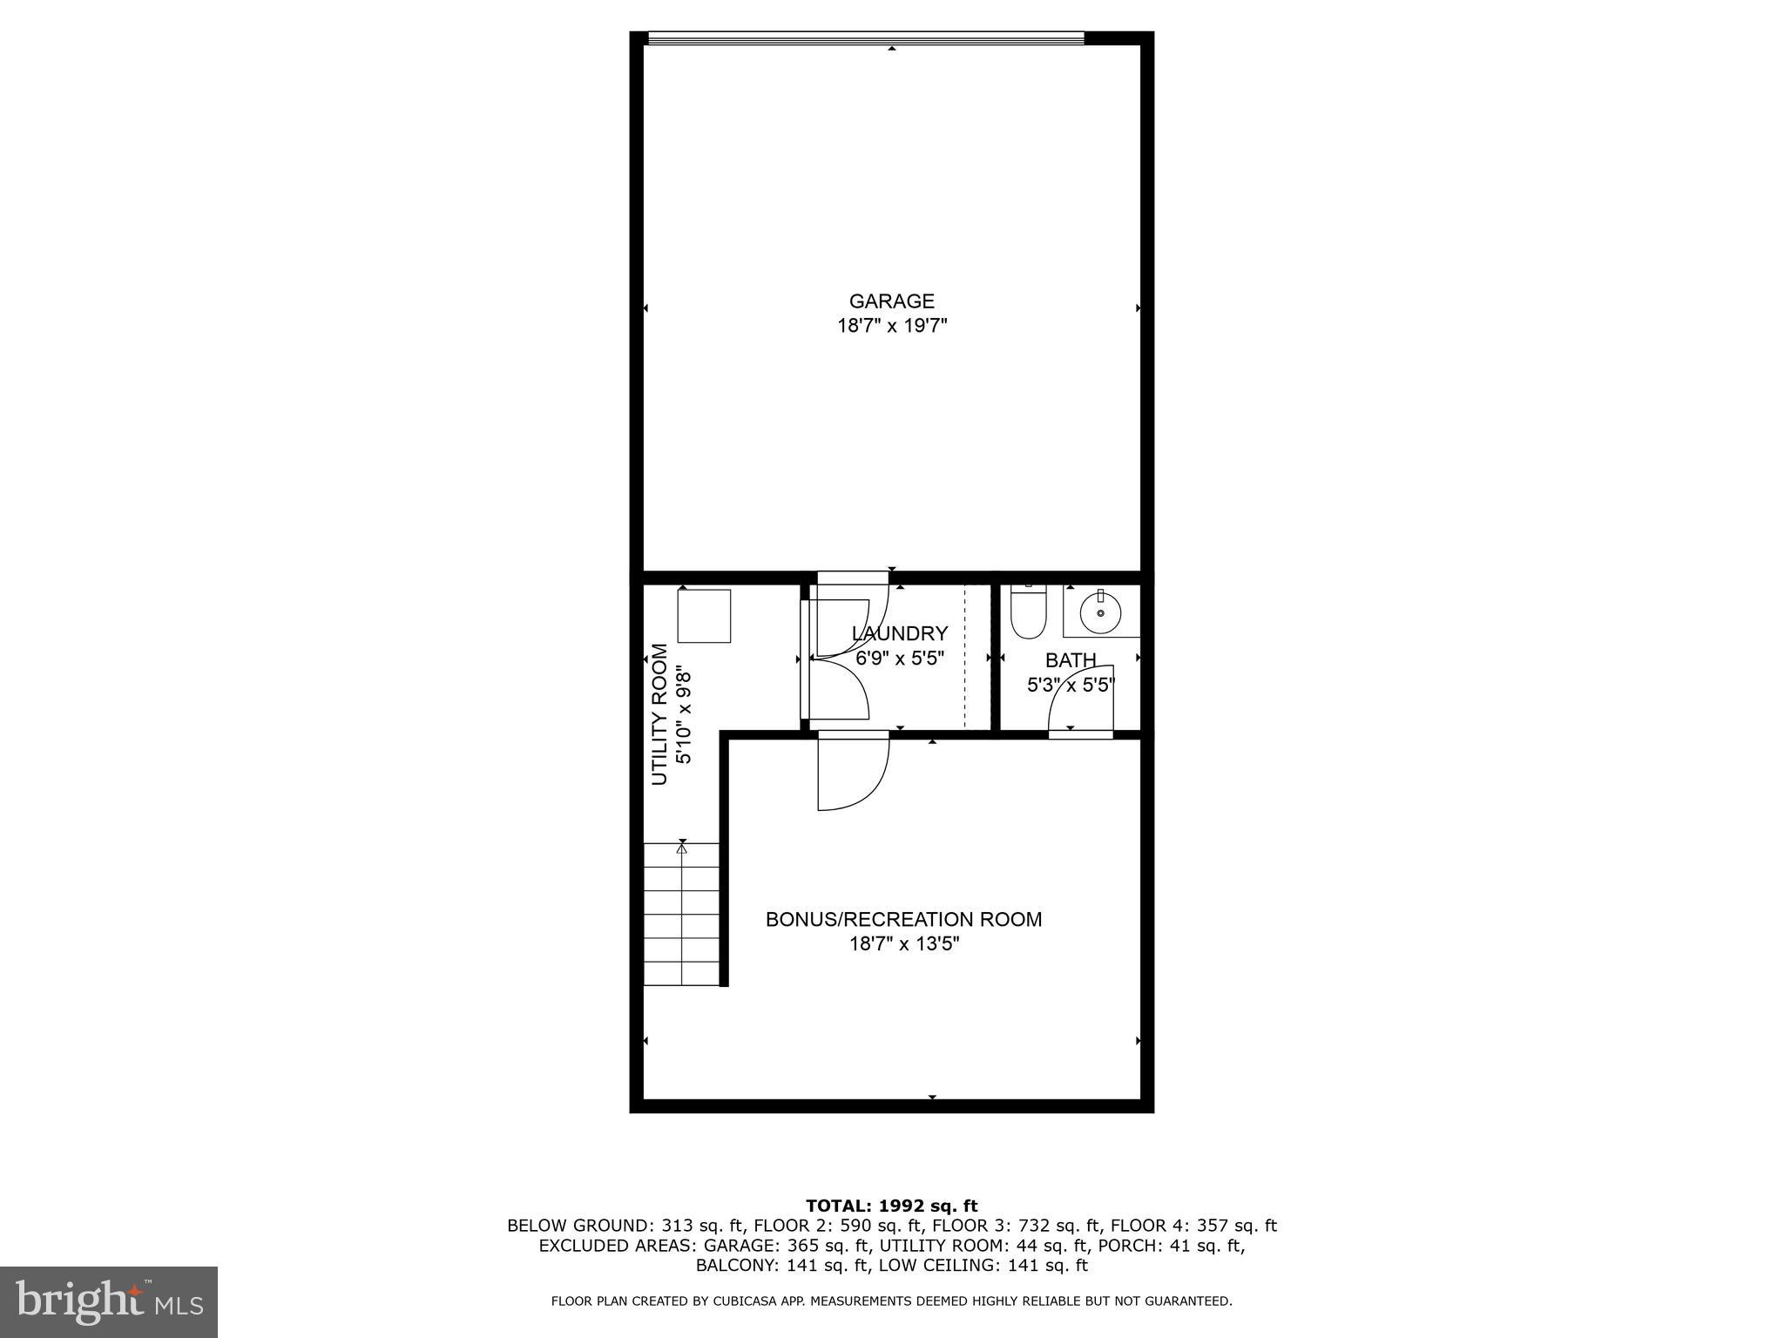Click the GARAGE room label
coord(891,301)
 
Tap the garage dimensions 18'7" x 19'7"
coord(891,327)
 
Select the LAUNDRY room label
coord(900,634)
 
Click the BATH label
coord(1071,660)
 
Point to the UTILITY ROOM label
coord(660,714)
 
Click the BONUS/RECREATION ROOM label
coord(903,919)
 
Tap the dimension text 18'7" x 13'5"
coord(904,944)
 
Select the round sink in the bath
coord(1100,612)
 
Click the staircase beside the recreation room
coord(682,915)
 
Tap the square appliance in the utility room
coord(704,616)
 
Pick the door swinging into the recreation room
coord(852,773)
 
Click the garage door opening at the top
coord(866,38)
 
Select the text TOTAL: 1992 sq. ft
coord(891,1206)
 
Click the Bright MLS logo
coord(108,1301)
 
